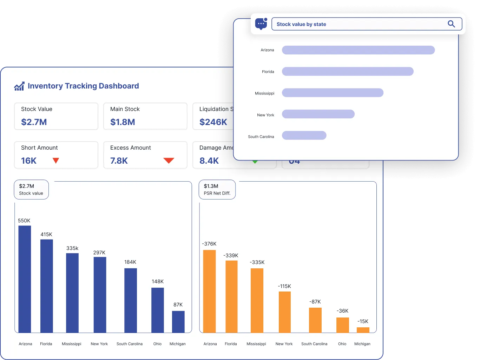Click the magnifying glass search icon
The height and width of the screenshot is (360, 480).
pos(451,24)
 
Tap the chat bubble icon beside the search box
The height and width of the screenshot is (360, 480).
pos(261,24)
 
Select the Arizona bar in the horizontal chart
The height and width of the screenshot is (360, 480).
pos(358,50)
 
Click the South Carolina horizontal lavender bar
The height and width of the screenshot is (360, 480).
pos(304,136)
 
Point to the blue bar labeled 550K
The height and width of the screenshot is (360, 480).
pos(25,279)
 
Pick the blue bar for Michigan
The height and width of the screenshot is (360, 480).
pos(178,322)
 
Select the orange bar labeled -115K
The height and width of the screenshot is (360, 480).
pos(285,312)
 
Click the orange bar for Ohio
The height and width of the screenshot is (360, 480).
pos(342,325)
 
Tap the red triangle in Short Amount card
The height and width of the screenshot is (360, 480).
pos(55,161)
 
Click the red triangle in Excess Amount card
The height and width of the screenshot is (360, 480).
pos(169,161)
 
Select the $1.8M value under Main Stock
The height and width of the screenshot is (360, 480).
pos(123,122)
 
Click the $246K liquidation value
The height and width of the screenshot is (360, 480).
pos(213,122)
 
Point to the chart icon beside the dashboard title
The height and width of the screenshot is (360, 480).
pos(19,86)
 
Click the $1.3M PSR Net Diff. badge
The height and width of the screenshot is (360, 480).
pos(217,189)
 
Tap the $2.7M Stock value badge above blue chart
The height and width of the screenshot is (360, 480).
pos(31,189)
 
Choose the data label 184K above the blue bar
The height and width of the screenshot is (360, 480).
pos(130,262)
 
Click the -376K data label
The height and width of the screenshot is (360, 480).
pos(209,244)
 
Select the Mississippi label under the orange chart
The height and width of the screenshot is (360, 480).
pos(256,344)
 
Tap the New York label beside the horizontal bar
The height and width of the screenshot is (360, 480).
pos(265,115)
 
